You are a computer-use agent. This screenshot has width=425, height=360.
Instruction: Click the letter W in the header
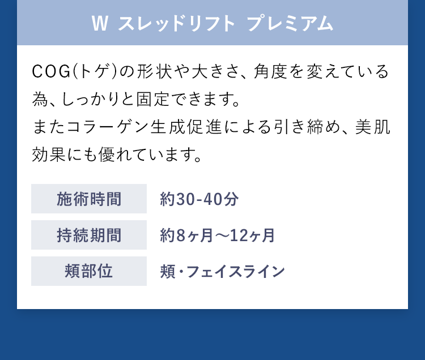[99, 24]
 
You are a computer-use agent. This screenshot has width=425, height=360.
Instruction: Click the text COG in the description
[50, 72]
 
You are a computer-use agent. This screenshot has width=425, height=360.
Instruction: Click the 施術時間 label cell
[89, 199]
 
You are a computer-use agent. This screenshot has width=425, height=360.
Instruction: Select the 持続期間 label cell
[89, 235]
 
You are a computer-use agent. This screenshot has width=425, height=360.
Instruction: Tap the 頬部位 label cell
[89, 271]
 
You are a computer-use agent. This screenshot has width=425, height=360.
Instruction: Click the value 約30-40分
[199, 199]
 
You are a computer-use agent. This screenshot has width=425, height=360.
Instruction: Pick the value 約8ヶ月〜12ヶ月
[218, 235]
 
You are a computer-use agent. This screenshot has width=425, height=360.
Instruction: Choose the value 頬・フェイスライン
[223, 272]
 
